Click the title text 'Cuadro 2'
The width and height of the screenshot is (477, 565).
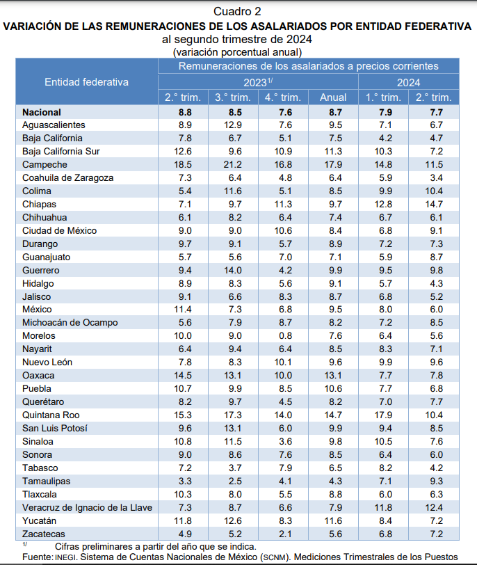pyautogui.click(x=237, y=11)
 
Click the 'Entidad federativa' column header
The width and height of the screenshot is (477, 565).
pyautogui.click(x=87, y=81)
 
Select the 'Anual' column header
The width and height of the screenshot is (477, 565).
pyautogui.click(x=333, y=97)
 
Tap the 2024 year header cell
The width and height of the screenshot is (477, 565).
pyautogui.click(x=408, y=81)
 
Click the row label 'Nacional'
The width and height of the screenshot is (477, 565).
pyautogui.click(x=42, y=111)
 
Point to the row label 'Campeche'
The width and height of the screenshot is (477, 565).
pyautogui.click(x=45, y=164)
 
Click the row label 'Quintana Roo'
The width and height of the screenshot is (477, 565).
pyautogui.click(x=51, y=415)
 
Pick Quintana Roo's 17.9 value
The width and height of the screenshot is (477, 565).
pyautogui.click(x=383, y=415)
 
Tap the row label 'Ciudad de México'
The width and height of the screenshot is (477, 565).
pyautogui.click(x=59, y=230)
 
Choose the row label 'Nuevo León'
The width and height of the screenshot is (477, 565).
pyautogui.click(x=47, y=362)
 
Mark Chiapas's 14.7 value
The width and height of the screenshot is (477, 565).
pyautogui.click(x=434, y=204)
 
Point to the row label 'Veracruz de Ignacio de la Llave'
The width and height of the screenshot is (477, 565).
pyautogui.click(x=87, y=507)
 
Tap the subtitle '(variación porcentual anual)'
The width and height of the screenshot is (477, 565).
pyautogui.click(x=238, y=51)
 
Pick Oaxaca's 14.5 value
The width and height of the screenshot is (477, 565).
pyautogui.click(x=183, y=375)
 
